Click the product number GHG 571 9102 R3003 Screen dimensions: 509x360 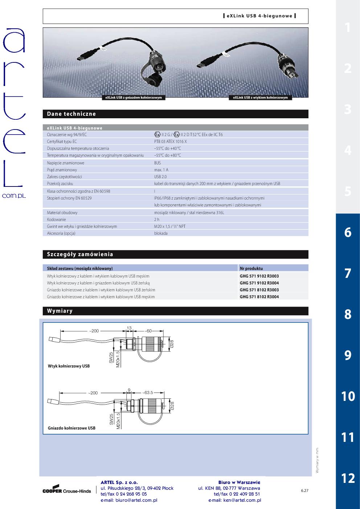(259, 276)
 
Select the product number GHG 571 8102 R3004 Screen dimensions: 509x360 (259, 297)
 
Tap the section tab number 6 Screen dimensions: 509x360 (348, 232)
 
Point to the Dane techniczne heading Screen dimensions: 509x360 (71, 114)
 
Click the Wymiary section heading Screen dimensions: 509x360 (60, 311)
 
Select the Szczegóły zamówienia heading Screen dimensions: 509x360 (80, 254)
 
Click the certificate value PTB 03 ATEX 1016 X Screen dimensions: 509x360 (170, 141)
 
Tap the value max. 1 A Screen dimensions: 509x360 (161, 170)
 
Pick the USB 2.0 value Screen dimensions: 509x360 (160, 177)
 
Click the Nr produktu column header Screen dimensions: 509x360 (251, 268)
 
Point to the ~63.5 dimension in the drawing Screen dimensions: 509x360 (148, 393)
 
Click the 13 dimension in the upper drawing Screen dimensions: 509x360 (129, 328)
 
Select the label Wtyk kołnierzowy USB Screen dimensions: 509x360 (69, 366)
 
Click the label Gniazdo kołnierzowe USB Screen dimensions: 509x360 (71, 428)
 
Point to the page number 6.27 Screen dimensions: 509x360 (304, 490)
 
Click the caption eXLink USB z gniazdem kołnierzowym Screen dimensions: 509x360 (133, 98)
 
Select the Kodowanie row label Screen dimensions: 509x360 (57, 219)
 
